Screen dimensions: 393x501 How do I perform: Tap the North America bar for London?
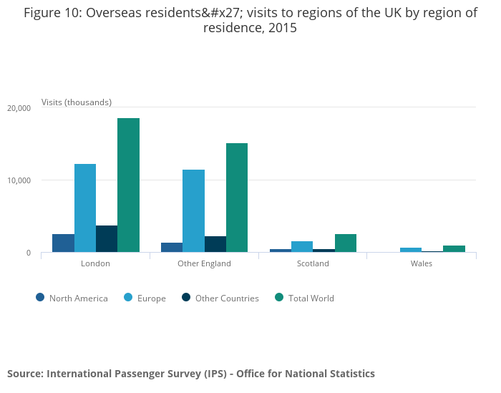[x=63, y=243]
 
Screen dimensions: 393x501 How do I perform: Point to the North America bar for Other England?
[x=172, y=247]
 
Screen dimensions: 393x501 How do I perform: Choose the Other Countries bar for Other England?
[x=215, y=244]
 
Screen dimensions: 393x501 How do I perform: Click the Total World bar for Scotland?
[x=345, y=243]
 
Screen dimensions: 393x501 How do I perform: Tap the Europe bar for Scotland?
[x=302, y=246]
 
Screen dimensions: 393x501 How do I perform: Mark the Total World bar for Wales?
[x=454, y=248]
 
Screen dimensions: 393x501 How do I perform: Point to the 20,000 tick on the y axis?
[x=19, y=108]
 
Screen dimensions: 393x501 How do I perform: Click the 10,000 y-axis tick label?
[x=19, y=180]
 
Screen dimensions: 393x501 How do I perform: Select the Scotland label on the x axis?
[x=313, y=263]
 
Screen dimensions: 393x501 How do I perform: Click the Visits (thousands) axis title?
[x=77, y=102]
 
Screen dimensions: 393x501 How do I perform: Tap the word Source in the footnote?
[x=24, y=374]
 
